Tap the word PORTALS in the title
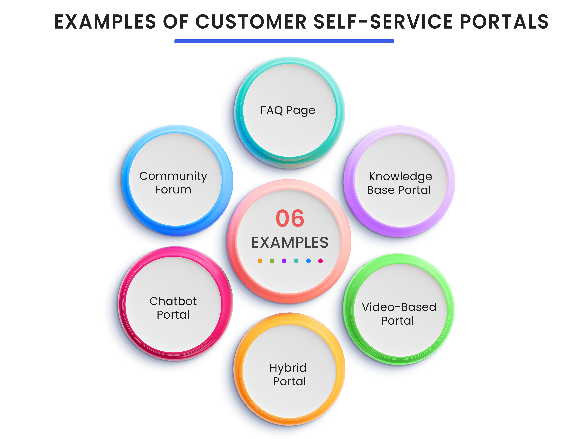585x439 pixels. tap(504, 22)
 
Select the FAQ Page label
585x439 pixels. tap(288, 110)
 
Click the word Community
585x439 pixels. tap(173, 176)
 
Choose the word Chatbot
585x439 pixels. tap(173, 301)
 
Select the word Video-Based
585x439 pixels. tap(399, 307)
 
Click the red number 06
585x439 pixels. tap(290, 219)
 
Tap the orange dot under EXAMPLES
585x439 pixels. tap(260, 261)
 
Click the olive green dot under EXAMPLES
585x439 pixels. tap(272, 261)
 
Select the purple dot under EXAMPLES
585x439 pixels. tap(284, 261)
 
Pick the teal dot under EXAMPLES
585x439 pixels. tap(296, 261)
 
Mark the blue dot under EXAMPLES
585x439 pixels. tap(308, 261)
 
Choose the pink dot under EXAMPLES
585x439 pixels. tap(321, 261)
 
